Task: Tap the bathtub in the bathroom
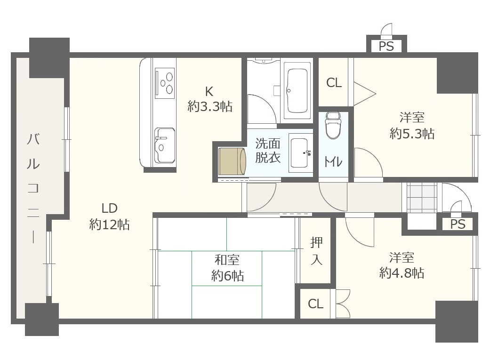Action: tap(297, 90)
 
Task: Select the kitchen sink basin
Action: tap(164, 145)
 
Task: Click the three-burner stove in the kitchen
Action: tap(165, 83)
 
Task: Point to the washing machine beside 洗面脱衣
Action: tap(232, 161)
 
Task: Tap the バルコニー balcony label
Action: tap(33, 187)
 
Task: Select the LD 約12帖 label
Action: tap(109, 216)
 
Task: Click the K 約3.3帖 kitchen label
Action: tap(209, 99)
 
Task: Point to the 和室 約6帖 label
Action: tap(227, 268)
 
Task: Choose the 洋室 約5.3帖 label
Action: tap(412, 126)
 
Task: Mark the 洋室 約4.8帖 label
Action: tap(402, 265)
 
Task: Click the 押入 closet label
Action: tap(316, 251)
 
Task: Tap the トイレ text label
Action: tap(333, 161)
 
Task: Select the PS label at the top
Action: tap(386, 47)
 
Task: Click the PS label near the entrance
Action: tap(458, 224)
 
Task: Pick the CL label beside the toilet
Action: tap(334, 83)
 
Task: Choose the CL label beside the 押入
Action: tap(315, 304)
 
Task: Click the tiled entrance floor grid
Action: tap(422, 198)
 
